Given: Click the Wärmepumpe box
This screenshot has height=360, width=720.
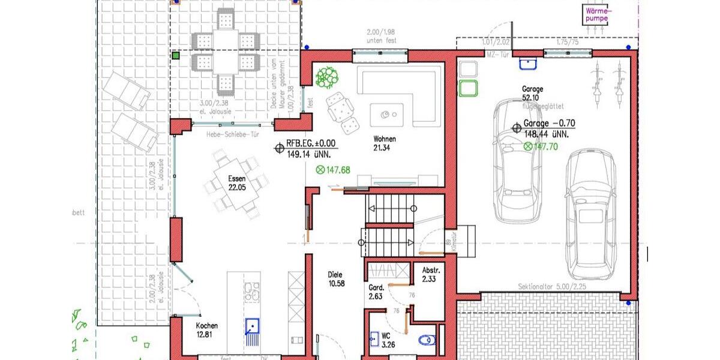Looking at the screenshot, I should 597,15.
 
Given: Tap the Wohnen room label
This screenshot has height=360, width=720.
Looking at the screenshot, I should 383,143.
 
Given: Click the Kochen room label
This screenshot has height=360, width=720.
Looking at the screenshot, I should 207,330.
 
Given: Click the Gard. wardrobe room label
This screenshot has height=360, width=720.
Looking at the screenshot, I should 377,291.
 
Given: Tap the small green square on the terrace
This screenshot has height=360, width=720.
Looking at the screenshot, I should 176,56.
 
